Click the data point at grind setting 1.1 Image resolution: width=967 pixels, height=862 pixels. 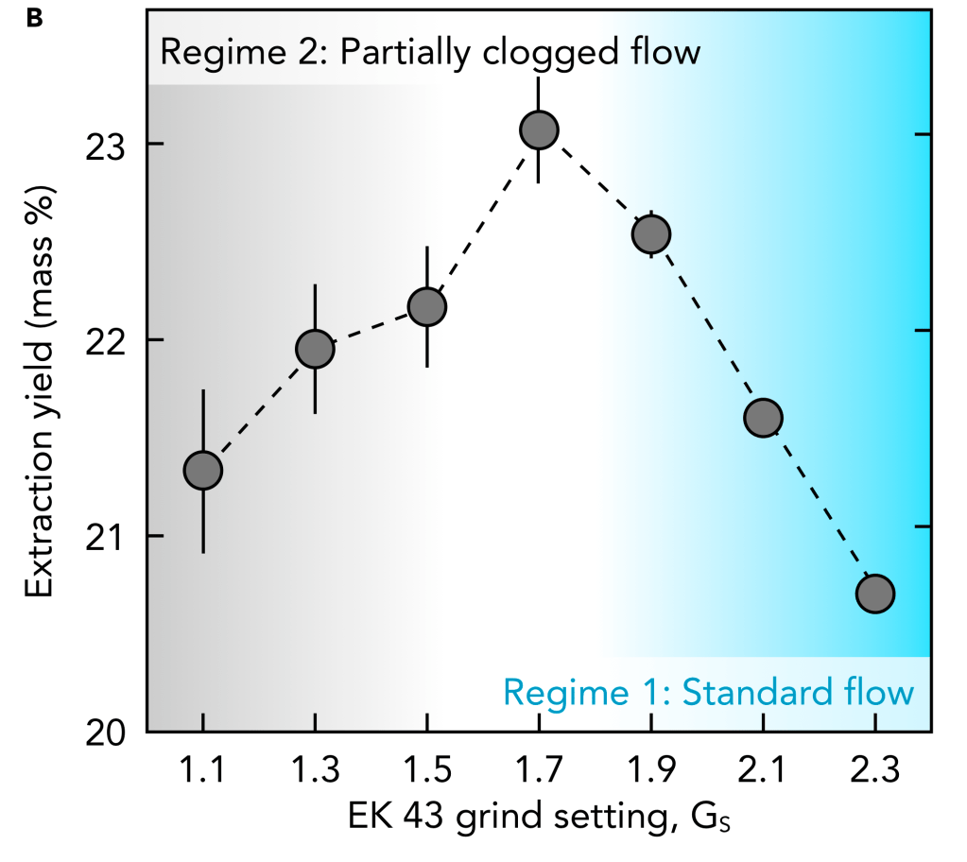203,470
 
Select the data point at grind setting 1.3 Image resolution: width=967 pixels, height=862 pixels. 315,349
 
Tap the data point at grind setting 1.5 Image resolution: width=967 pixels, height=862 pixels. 427,306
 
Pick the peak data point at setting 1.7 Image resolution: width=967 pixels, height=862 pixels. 539,129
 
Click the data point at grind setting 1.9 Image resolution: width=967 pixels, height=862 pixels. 651,233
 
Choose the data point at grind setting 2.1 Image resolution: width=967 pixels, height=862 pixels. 763,417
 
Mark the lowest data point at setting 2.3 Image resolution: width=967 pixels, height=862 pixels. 875,594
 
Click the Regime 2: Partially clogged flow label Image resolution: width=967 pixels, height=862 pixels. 430,51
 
